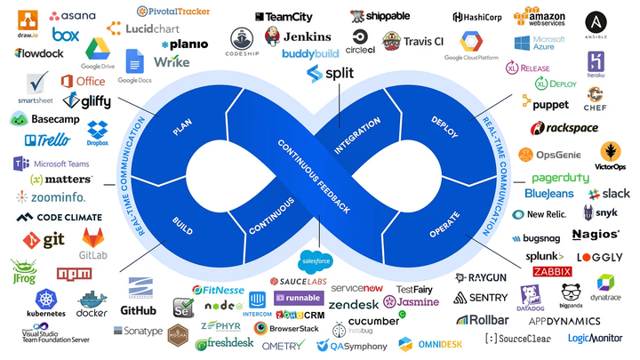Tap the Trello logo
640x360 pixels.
[x=48, y=140]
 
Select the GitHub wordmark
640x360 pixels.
[x=139, y=310]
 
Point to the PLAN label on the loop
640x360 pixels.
[x=182, y=128]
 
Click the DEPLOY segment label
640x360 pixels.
[x=444, y=126]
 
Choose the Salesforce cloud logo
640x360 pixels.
[x=316, y=261]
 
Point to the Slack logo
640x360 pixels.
[x=609, y=193]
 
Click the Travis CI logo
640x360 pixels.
[x=412, y=41]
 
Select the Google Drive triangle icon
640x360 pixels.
[x=97, y=48]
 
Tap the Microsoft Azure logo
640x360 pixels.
[x=539, y=44]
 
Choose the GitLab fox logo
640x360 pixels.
[x=96, y=237]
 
